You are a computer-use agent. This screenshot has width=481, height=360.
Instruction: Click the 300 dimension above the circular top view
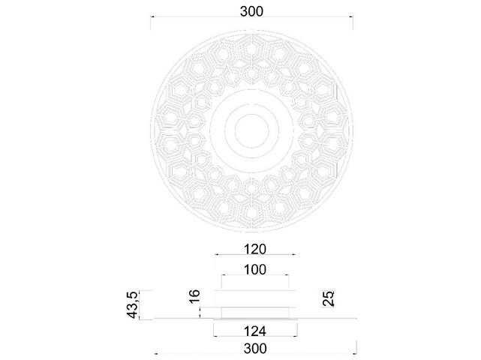pos(251,12)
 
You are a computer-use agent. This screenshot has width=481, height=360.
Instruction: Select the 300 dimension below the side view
pos(255,349)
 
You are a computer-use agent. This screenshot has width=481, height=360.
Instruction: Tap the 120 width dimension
pos(255,249)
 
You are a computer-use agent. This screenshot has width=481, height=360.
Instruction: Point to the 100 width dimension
pos(255,270)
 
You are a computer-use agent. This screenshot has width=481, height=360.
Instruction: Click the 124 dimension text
pos(255,331)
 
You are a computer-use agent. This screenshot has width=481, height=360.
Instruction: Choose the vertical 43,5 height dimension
pos(131,304)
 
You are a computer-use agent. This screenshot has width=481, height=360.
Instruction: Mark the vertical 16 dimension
pos(195,297)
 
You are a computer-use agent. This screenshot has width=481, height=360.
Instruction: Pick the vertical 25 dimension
pos(328,298)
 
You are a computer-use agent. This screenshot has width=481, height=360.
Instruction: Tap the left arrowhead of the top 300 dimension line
pos(152,16)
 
